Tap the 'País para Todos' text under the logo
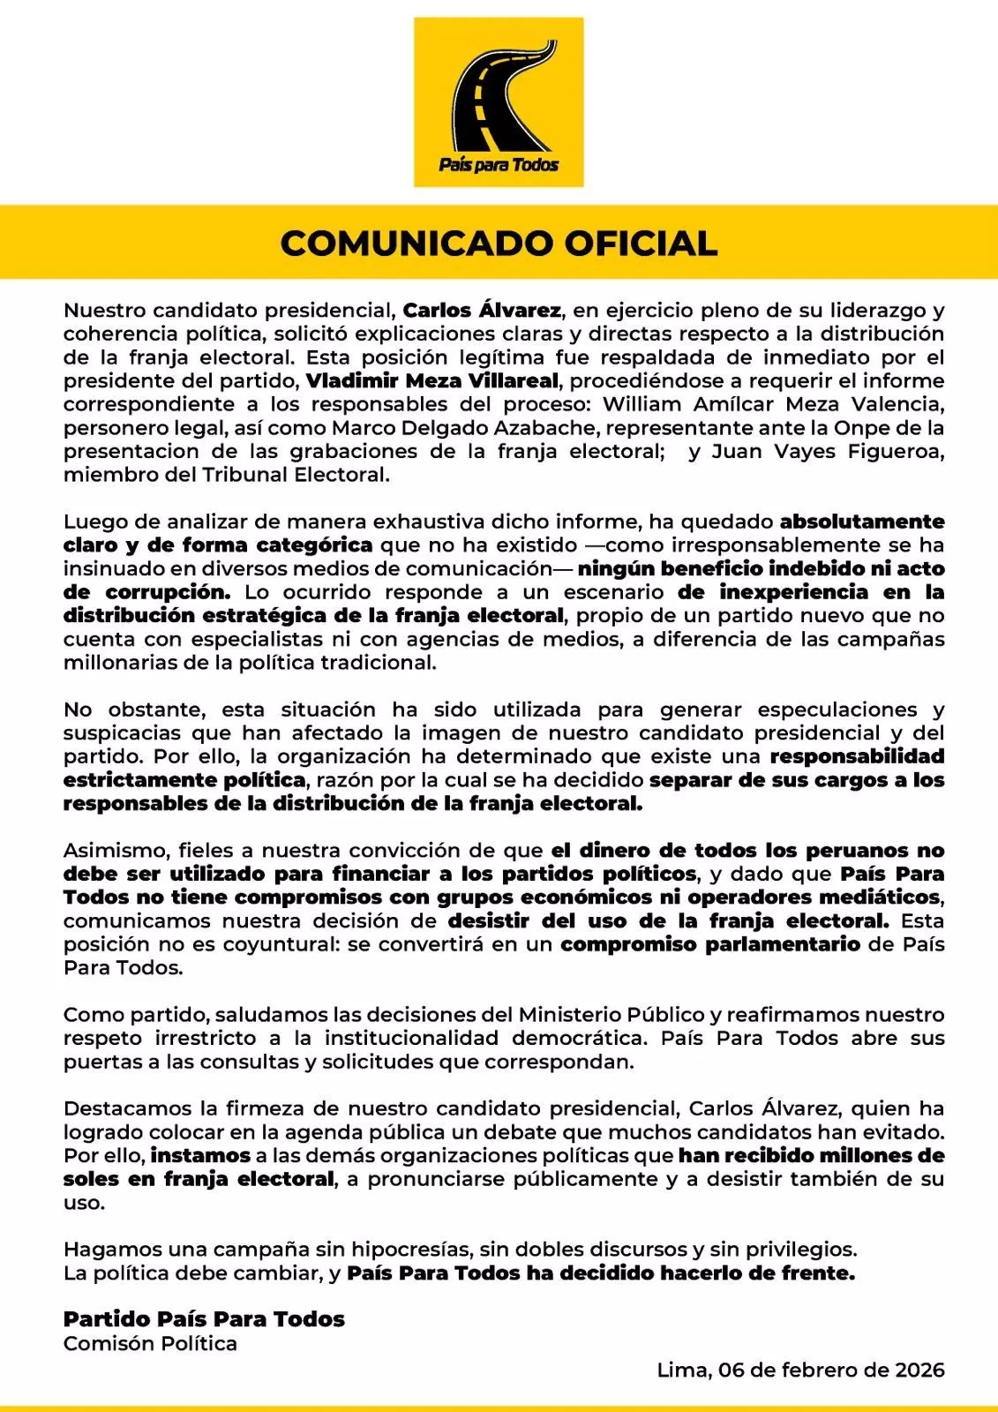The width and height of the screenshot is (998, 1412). (499, 165)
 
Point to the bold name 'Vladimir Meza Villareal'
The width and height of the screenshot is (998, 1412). (432, 381)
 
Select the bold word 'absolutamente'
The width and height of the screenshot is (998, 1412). (861, 522)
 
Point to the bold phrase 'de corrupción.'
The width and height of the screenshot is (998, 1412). (146, 592)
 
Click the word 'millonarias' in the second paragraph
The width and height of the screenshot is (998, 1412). (113, 663)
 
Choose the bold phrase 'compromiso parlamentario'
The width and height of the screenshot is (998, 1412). (710, 944)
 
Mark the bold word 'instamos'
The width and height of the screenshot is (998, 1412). (200, 1155)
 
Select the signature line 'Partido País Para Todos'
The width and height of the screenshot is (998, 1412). (204, 1319)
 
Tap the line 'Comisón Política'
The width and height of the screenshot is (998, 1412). (150, 1344)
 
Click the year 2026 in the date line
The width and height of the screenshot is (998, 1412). (919, 1371)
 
